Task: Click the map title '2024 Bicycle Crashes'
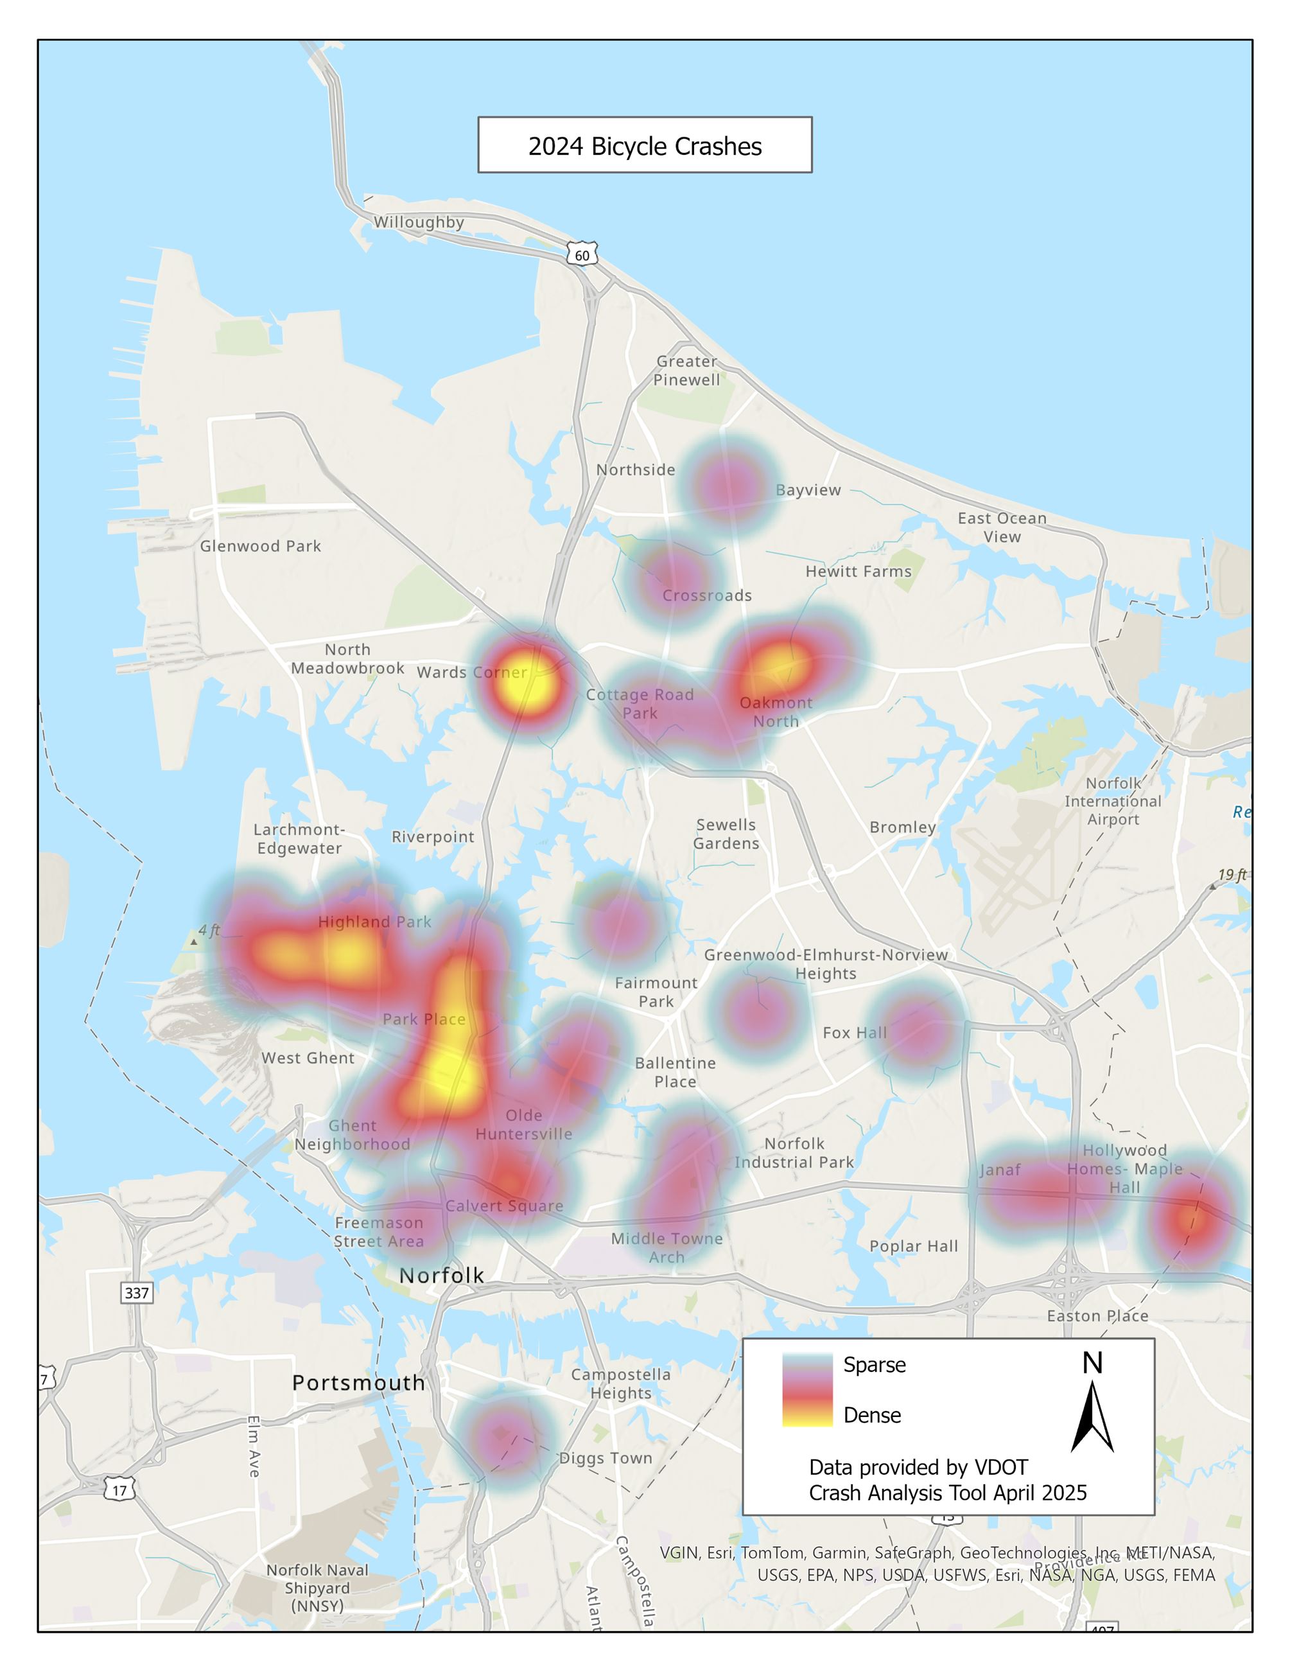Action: click(x=644, y=145)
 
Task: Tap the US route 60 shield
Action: click(x=582, y=254)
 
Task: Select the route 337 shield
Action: click(x=137, y=1292)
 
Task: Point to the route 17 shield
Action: click(x=120, y=1490)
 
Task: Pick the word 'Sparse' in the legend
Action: click(x=875, y=1365)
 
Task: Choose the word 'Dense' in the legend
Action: click(x=872, y=1416)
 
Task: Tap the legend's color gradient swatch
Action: click(x=807, y=1389)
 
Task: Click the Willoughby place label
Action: click(x=419, y=222)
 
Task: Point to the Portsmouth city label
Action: click(x=358, y=1382)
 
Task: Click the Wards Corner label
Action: click(x=471, y=672)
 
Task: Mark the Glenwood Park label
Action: click(x=261, y=546)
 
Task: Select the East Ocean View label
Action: click(x=1002, y=527)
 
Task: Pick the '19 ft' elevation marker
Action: click(x=1231, y=875)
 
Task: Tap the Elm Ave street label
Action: click(x=254, y=1446)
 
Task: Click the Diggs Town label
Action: click(x=606, y=1458)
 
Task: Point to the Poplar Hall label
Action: click(x=913, y=1245)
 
